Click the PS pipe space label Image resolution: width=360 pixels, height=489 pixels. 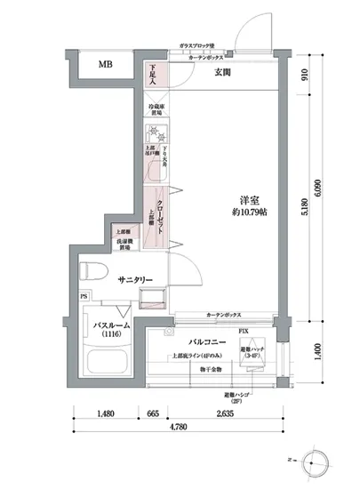pos(84,297)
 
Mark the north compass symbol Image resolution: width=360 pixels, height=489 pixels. pos(316,461)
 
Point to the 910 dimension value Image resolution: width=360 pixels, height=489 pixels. pos(307,73)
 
